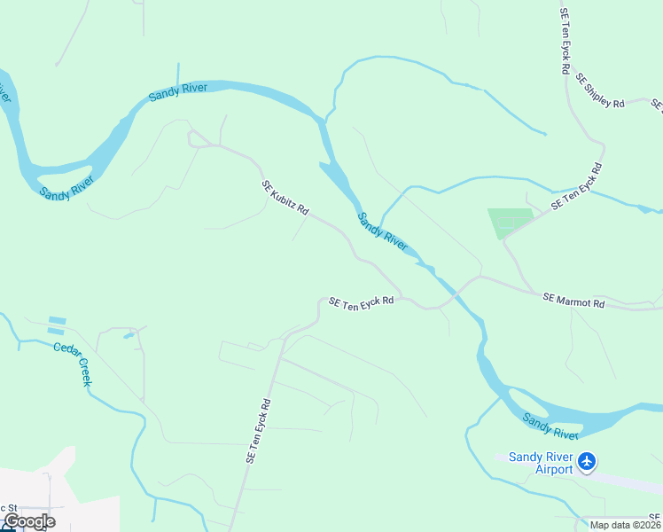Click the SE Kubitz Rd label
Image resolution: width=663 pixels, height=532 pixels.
click(285, 199)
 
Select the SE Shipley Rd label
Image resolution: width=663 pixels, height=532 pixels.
click(600, 91)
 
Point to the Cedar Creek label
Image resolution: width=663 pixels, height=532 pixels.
click(73, 364)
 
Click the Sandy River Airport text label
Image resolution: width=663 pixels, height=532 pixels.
click(541, 462)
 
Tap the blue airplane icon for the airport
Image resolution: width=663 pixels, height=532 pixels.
click(586, 461)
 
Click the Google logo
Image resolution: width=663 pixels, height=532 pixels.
click(29, 520)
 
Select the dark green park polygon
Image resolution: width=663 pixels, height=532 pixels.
click(509, 222)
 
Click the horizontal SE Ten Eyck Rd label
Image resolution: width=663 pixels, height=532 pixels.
click(361, 302)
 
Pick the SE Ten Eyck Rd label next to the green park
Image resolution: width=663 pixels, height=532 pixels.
click(576, 186)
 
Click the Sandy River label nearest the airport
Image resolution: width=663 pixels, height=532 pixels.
click(550, 426)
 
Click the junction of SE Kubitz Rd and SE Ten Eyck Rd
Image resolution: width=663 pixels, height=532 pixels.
click(402, 297)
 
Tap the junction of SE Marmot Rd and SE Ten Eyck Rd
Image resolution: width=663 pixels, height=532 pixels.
click(480, 277)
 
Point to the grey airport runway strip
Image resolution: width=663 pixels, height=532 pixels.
click(620, 479)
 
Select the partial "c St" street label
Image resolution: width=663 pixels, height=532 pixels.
click(8, 507)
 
